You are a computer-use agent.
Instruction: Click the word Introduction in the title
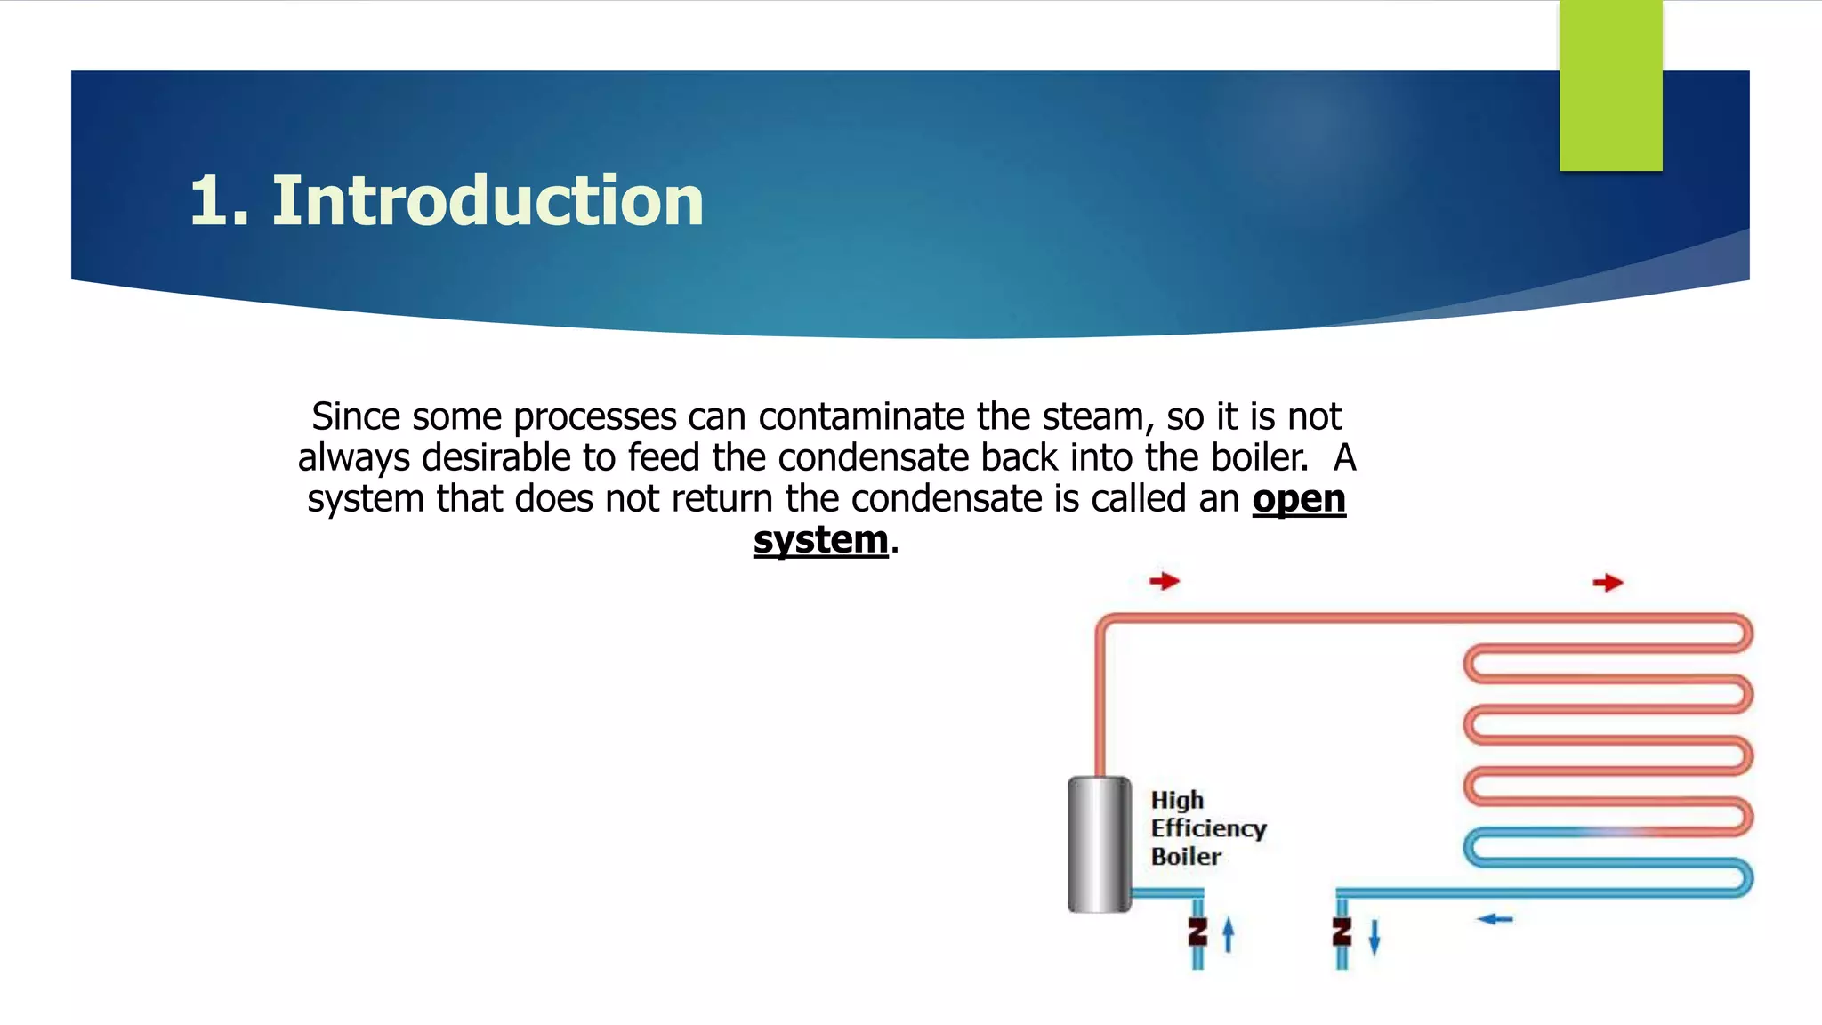488,201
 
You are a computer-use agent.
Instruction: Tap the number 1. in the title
219,201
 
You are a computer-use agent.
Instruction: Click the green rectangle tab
1610,85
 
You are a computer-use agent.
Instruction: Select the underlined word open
1299,499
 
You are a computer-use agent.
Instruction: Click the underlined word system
820,540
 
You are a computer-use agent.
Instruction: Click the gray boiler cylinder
1100,844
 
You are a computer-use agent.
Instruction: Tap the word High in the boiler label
1177,800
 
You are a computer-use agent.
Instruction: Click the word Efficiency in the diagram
1208,828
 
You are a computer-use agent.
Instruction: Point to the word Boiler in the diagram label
1186,857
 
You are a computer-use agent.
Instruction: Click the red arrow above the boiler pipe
1164,582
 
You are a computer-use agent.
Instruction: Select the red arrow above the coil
1608,583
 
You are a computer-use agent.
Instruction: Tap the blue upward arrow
1229,934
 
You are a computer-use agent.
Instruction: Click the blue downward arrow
1375,937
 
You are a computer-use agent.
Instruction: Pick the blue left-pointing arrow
1495,919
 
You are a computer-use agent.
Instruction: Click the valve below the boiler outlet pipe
1197,932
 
